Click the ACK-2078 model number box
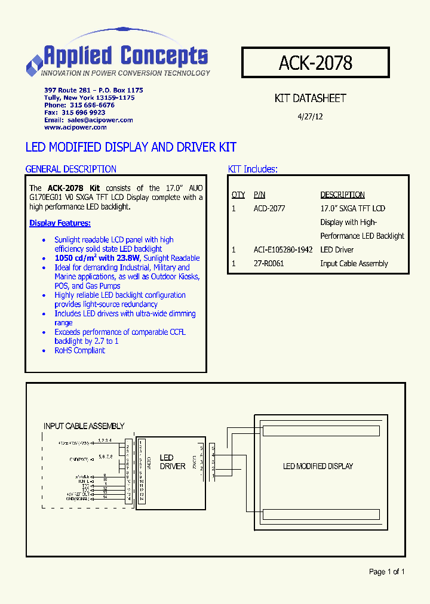point(315,63)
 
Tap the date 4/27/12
point(310,117)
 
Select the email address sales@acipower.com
point(100,120)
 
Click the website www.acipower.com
point(75,127)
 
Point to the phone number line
point(79,105)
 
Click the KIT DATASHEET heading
point(310,98)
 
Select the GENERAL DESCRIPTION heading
point(71,169)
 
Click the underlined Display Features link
point(60,223)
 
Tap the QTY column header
point(238,195)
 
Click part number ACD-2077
point(269,208)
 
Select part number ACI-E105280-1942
point(283,249)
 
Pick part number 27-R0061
point(269,263)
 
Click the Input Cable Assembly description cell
point(354,263)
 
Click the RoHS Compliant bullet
point(79,350)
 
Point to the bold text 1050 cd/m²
point(81,258)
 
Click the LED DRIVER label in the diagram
point(173,462)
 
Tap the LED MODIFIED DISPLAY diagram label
point(318,466)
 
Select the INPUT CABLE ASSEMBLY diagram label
point(84,426)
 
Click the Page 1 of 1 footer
point(386,572)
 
